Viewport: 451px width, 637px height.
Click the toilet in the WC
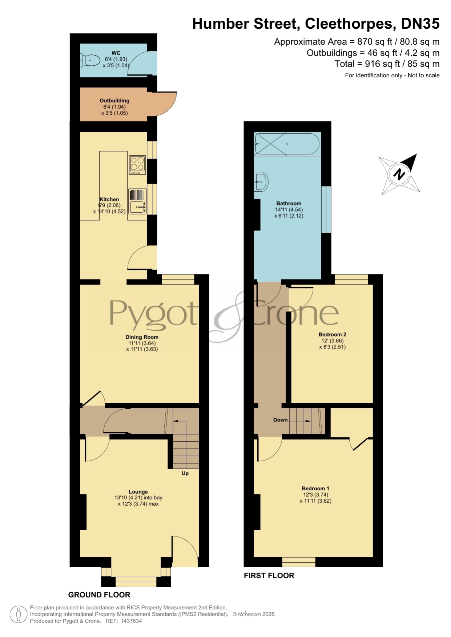pyautogui.click(x=90, y=60)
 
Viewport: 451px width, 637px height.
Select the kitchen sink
pyautogui.click(x=137, y=201)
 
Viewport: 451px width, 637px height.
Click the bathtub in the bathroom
pyautogui.click(x=287, y=144)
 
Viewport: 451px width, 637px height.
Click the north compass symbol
pyautogui.click(x=399, y=174)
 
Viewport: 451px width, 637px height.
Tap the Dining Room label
pyautogui.click(x=142, y=337)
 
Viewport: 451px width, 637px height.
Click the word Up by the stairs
pyautogui.click(x=185, y=473)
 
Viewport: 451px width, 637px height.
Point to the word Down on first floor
pyautogui.click(x=281, y=420)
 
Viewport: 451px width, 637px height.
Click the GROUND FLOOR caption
pyautogui.click(x=99, y=595)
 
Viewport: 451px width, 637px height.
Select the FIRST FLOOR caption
pyautogui.click(x=269, y=575)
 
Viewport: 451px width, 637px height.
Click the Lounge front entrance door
pyautogui.click(x=185, y=551)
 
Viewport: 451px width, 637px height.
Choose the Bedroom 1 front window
pyautogui.click(x=299, y=562)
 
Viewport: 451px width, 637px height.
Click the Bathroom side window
pyautogui.click(x=326, y=209)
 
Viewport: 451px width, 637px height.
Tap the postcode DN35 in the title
pyautogui.click(x=420, y=24)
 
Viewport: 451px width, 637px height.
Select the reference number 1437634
pyautogui.click(x=131, y=621)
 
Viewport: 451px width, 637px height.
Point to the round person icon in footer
pyautogui.click(x=18, y=615)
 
